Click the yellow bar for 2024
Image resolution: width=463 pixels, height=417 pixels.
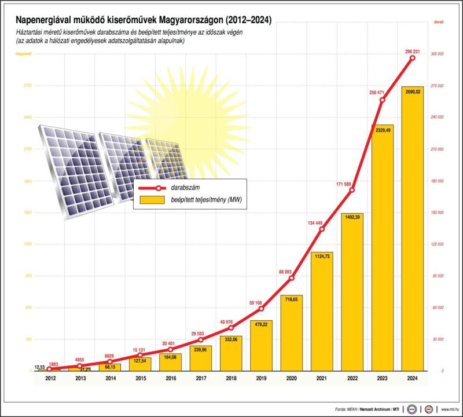point(411,229)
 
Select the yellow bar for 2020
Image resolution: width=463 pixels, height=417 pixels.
point(292,333)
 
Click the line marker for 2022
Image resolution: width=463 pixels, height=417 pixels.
point(352,190)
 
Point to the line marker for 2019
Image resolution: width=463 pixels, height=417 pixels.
point(262,308)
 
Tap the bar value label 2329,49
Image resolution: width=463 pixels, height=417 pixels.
point(382,130)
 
